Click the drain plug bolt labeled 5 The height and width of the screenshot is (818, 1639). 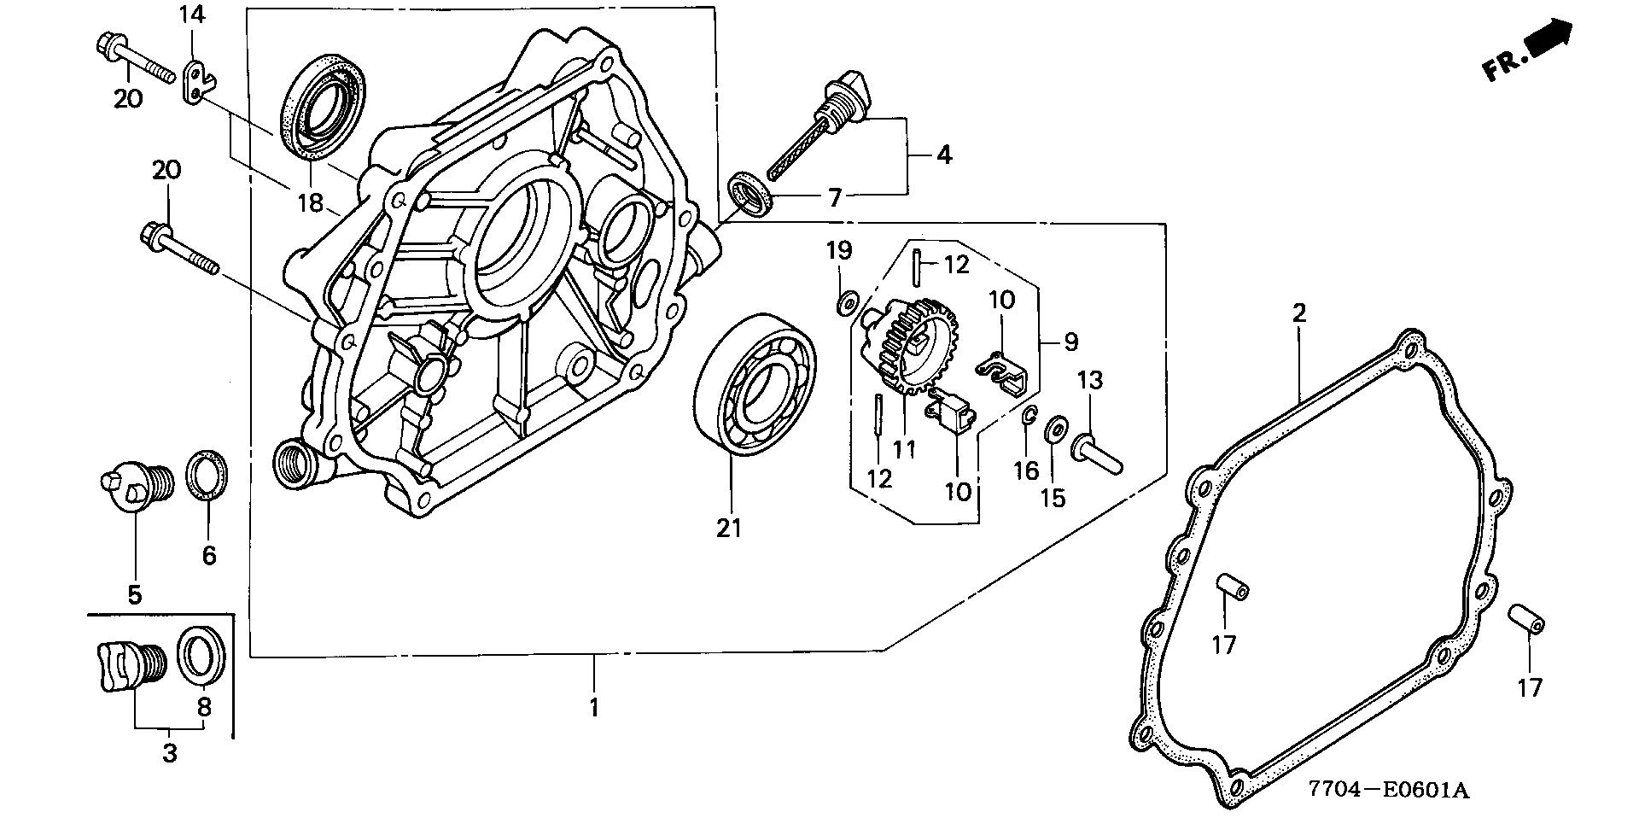click(x=136, y=487)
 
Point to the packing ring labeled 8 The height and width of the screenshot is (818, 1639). click(x=203, y=655)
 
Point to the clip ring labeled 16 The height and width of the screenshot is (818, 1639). click(x=1029, y=416)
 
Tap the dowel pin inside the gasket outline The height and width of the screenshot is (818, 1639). click(x=1231, y=587)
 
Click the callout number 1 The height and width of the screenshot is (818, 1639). click(x=594, y=708)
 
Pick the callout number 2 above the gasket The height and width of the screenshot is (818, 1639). click(x=1298, y=313)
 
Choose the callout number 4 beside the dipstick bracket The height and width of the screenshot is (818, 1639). click(x=942, y=155)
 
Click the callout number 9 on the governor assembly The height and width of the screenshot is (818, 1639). click(x=1070, y=342)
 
